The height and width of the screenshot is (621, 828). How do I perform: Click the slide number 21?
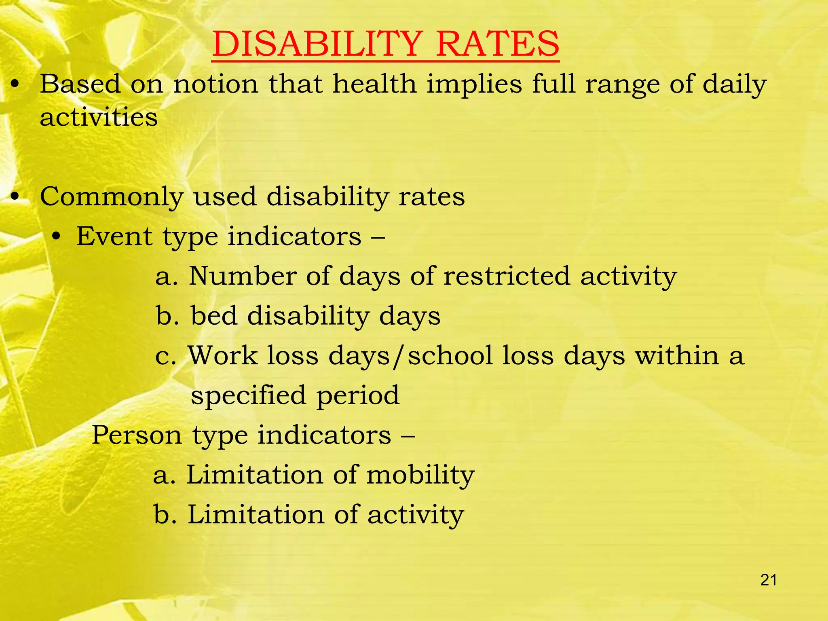pos(769,580)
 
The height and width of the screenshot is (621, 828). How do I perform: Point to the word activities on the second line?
pos(99,117)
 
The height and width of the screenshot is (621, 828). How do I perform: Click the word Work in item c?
pos(223,355)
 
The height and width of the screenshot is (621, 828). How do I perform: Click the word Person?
pos(137,435)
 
